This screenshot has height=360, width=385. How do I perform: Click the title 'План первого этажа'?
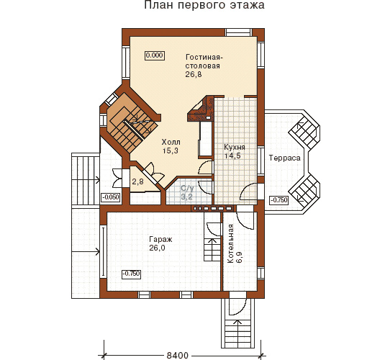[204, 5]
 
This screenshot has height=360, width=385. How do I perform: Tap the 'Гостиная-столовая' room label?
[204, 61]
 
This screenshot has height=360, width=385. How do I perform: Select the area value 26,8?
[194, 74]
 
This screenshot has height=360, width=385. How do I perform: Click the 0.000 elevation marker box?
[154, 55]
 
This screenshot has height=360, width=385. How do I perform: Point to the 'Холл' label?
[171, 142]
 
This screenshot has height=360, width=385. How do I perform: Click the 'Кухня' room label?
[235, 147]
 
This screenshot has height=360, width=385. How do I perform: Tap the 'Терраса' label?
[284, 158]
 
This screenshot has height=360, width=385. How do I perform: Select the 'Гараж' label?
[160, 239]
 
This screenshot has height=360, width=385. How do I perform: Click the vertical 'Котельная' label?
[230, 243]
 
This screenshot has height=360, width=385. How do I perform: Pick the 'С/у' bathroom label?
[187, 188]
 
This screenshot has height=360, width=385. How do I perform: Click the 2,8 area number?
[137, 182]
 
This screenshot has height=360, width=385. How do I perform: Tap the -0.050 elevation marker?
[111, 197]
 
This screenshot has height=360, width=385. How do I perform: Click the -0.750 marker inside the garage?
[132, 274]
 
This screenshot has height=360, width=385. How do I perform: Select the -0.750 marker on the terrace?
[279, 200]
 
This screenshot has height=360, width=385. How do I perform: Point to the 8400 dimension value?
[178, 356]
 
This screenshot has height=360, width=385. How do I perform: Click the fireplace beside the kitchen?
[201, 109]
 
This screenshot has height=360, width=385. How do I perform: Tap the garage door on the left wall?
[104, 251]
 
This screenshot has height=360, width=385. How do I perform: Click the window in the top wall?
[239, 32]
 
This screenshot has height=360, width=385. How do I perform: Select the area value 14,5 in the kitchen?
[232, 156]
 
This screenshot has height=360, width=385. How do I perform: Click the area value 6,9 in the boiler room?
[239, 257]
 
